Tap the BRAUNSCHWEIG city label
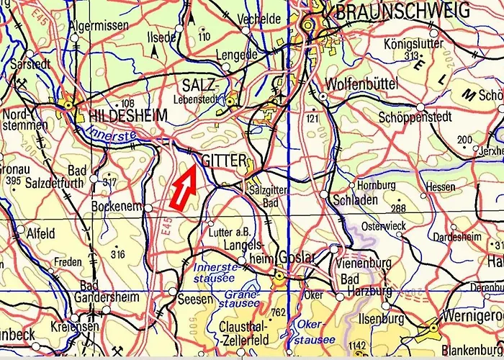coord(402,10)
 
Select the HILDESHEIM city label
coord(128,115)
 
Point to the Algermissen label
coord(99,25)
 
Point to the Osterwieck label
coord(382,226)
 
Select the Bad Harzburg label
coord(366,285)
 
